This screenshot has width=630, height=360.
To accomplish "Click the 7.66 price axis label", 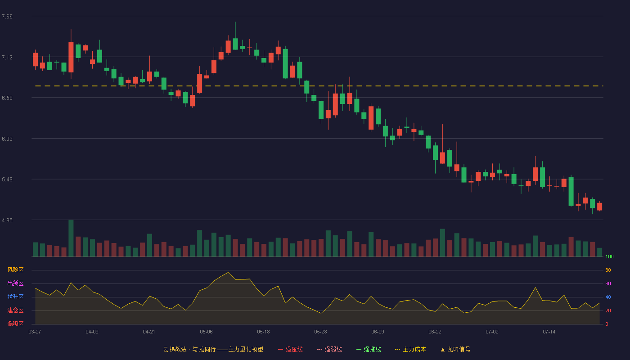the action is point(7,17).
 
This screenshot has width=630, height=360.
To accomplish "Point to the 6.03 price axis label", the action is point(7,139).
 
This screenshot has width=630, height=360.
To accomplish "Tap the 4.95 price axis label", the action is point(7,220).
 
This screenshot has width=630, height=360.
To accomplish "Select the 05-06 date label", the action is point(206,332).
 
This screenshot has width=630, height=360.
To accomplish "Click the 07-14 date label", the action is point(549,332).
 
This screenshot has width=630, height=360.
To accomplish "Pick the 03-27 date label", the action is point(35,332).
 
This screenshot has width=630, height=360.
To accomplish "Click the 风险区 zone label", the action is point(15,270).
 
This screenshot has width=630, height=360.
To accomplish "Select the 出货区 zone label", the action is point(15,283).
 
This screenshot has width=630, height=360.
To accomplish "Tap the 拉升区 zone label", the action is point(15,297).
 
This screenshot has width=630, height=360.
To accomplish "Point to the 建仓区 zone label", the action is point(15,310).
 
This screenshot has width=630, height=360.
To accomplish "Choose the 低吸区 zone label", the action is point(15,324).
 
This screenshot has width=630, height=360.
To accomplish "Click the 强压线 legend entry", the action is point(290,350).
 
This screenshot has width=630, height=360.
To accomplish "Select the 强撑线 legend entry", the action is point(369,350).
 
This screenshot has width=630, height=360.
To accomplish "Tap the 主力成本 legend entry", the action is point(410,350).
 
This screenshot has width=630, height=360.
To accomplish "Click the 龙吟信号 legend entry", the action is point(455,350).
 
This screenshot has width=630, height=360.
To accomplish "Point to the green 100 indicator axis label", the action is point(609,256).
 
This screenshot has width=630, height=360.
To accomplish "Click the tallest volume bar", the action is point(71,238).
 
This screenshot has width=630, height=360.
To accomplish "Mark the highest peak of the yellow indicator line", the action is point(228,272).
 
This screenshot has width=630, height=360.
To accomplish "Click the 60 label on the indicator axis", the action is point(608,283).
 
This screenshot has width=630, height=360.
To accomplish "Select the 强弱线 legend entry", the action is point(329,350).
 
